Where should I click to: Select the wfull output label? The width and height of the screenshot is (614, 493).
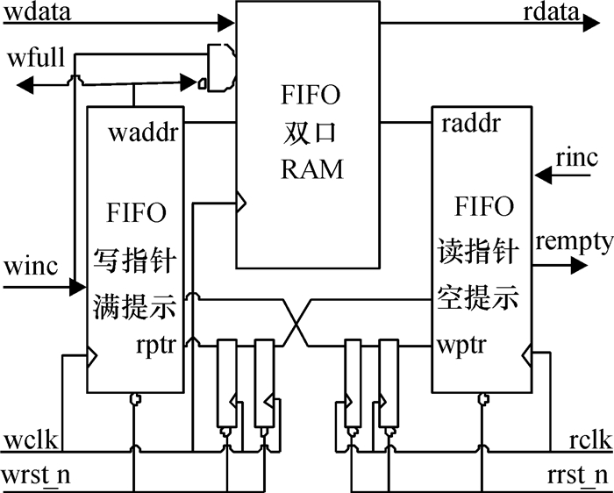point(33,61)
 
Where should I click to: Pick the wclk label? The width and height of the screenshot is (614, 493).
point(28,441)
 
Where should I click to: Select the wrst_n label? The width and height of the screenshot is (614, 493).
point(35,475)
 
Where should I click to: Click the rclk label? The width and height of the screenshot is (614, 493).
point(586,441)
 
